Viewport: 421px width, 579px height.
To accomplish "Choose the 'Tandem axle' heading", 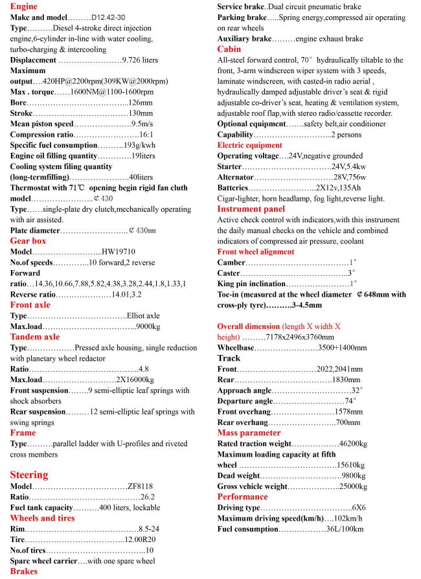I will (x=35, y=336).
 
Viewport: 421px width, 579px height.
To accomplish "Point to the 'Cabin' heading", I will (x=229, y=49).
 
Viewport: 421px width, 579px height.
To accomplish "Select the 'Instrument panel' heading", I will (x=251, y=209).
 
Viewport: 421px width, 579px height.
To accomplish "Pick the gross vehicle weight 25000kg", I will (x=350, y=486).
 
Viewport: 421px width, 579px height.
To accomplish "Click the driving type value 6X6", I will (x=359, y=508).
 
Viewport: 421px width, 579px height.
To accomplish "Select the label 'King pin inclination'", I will (x=251, y=284).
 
